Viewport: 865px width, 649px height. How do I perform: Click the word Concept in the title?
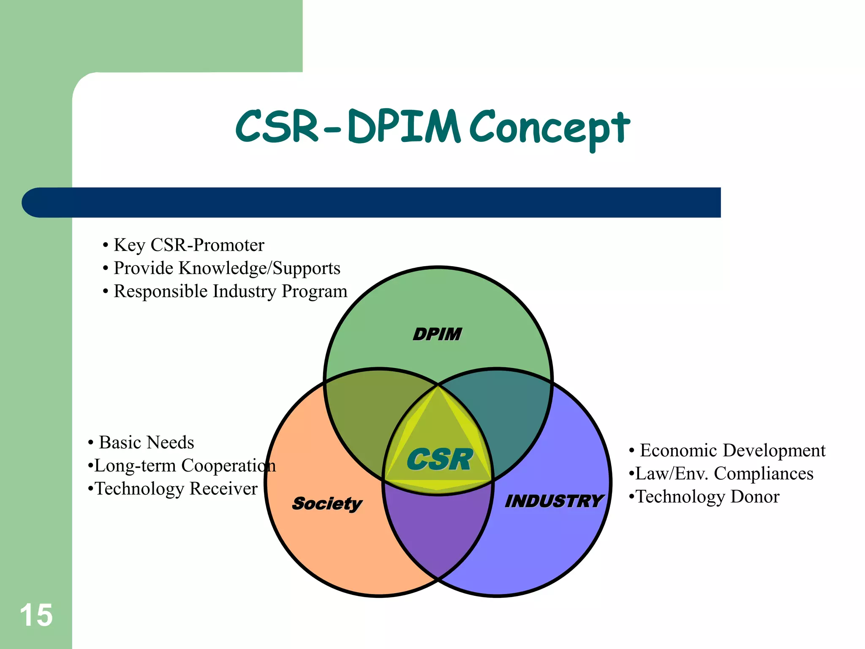pos(549,127)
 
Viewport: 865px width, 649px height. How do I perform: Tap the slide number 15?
pos(36,615)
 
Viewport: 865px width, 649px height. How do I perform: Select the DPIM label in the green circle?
pos(437,334)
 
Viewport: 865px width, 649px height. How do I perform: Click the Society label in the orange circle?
pos(327,504)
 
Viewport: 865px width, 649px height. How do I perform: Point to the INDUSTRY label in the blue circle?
pos(554,501)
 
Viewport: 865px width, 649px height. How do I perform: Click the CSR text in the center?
pos(439,460)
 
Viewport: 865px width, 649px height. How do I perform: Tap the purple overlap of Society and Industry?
pos(438,532)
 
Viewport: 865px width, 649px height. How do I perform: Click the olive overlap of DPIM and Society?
pos(372,414)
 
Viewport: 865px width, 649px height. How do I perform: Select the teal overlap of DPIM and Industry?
pos(507,414)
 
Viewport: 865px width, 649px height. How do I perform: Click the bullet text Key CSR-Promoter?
pos(189,245)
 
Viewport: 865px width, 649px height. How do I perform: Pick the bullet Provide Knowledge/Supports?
pos(227,268)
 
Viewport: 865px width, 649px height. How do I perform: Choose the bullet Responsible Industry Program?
pos(230,291)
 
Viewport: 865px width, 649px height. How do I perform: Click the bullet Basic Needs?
pos(146,442)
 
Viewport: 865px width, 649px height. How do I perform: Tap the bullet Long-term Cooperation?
pos(185,466)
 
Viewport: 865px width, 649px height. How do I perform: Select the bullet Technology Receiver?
pos(176,489)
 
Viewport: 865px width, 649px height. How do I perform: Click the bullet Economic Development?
pos(732,450)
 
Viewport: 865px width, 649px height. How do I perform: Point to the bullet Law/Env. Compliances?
pos(724,474)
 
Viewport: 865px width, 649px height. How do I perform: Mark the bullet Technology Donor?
pos(707,497)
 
